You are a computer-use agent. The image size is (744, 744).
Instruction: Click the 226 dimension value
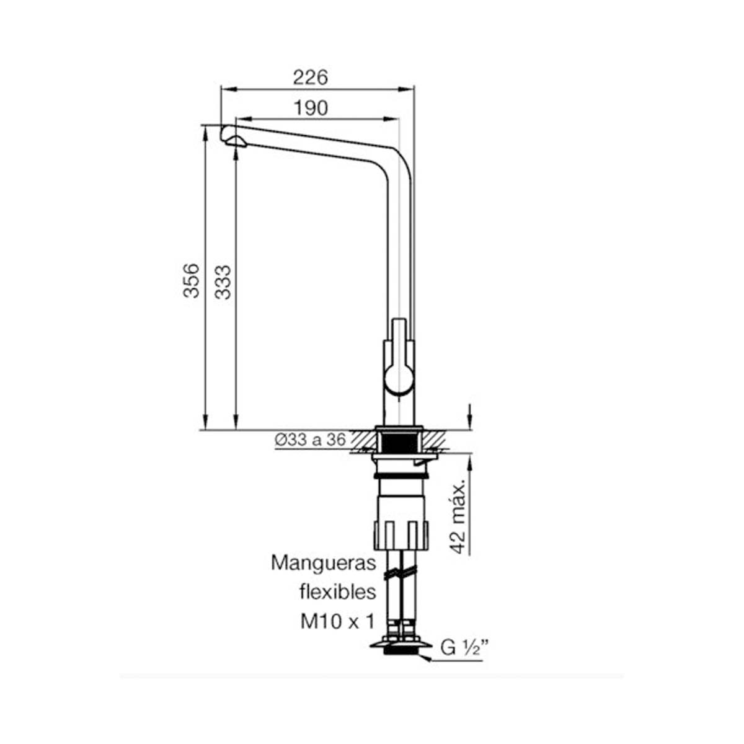click(310, 77)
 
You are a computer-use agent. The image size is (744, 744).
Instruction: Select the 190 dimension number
click(311, 108)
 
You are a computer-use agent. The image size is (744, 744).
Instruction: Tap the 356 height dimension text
click(192, 281)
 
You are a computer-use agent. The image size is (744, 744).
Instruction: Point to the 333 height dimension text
click(223, 282)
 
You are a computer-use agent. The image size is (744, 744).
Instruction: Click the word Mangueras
click(324, 564)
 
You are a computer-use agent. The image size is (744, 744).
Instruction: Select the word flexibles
click(338, 592)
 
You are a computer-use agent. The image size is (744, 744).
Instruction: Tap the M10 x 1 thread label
click(337, 622)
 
